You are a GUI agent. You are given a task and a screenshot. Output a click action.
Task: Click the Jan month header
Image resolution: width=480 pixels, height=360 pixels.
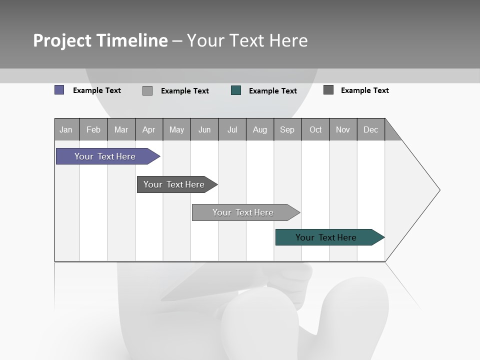point(66,129)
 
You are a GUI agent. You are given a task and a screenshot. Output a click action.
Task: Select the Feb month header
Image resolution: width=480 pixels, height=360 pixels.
point(93,129)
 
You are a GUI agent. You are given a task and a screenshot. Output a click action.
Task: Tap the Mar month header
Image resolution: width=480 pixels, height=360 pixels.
point(121,129)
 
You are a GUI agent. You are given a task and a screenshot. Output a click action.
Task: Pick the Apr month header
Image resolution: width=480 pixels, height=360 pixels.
point(149,129)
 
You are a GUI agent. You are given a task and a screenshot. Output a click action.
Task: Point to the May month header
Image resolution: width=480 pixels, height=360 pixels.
point(176,129)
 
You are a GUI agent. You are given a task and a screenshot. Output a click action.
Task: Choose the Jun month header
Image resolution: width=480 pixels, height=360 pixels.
point(204,129)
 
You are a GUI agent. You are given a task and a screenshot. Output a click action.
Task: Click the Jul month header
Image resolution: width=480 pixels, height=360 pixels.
point(232,129)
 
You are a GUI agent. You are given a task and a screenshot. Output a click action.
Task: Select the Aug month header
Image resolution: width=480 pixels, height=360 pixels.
point(260,129)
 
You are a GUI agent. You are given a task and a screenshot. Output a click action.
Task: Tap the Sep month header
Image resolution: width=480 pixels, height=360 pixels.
point(287,129)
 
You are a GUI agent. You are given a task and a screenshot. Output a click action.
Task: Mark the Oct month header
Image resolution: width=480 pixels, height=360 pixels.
point(315,129)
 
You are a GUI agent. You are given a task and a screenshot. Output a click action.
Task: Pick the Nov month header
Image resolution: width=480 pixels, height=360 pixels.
point(343,129)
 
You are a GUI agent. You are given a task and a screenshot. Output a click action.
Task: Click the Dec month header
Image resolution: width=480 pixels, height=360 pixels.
point(371,129)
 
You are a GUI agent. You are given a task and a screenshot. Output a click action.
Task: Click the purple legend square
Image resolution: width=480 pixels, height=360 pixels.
point(59,90)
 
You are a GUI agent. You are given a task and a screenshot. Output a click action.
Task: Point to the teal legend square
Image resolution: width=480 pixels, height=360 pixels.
point(236,90)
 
